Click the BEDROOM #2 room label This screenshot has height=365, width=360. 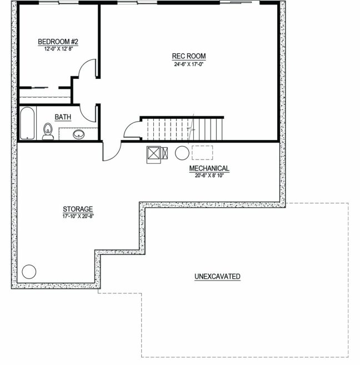click(58, 42)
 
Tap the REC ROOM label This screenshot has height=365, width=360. click(189, 56)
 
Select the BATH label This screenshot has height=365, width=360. click(63, 117)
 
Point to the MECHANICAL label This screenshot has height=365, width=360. click(209, 168)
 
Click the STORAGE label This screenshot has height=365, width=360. click(78, 209)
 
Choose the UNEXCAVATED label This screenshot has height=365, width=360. click(217, 276)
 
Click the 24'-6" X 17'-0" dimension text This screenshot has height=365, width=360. click(189, 64)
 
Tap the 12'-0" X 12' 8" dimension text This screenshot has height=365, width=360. click(59, 49)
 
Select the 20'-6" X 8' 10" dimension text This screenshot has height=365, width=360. click(209, 176)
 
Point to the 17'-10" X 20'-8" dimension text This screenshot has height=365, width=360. click(78, 216)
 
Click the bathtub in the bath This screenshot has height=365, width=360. click(27, 123)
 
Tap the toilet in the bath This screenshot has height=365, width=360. click(48, 132)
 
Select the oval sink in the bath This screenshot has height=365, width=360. click(79, 134)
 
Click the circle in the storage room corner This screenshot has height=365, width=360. click(29, 272)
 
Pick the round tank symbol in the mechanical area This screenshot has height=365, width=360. click(182, 153)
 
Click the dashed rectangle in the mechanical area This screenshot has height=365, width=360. click(202, 153)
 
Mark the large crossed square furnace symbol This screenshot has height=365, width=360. click(153, 153)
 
